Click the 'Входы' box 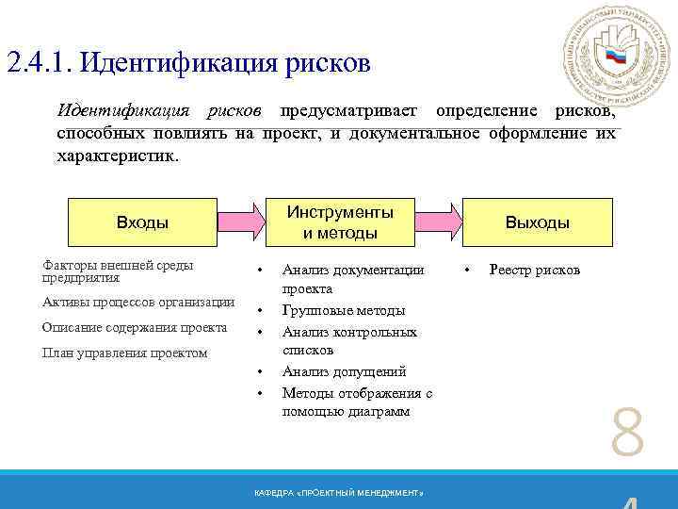142,222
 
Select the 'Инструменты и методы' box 340,222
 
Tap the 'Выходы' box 538,222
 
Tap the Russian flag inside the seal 616,57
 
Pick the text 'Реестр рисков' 535,270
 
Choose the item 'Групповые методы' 344,310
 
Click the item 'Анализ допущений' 344,371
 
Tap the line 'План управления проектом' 125,353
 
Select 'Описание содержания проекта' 135,328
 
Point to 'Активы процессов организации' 138,303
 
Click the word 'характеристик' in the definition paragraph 117,154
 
